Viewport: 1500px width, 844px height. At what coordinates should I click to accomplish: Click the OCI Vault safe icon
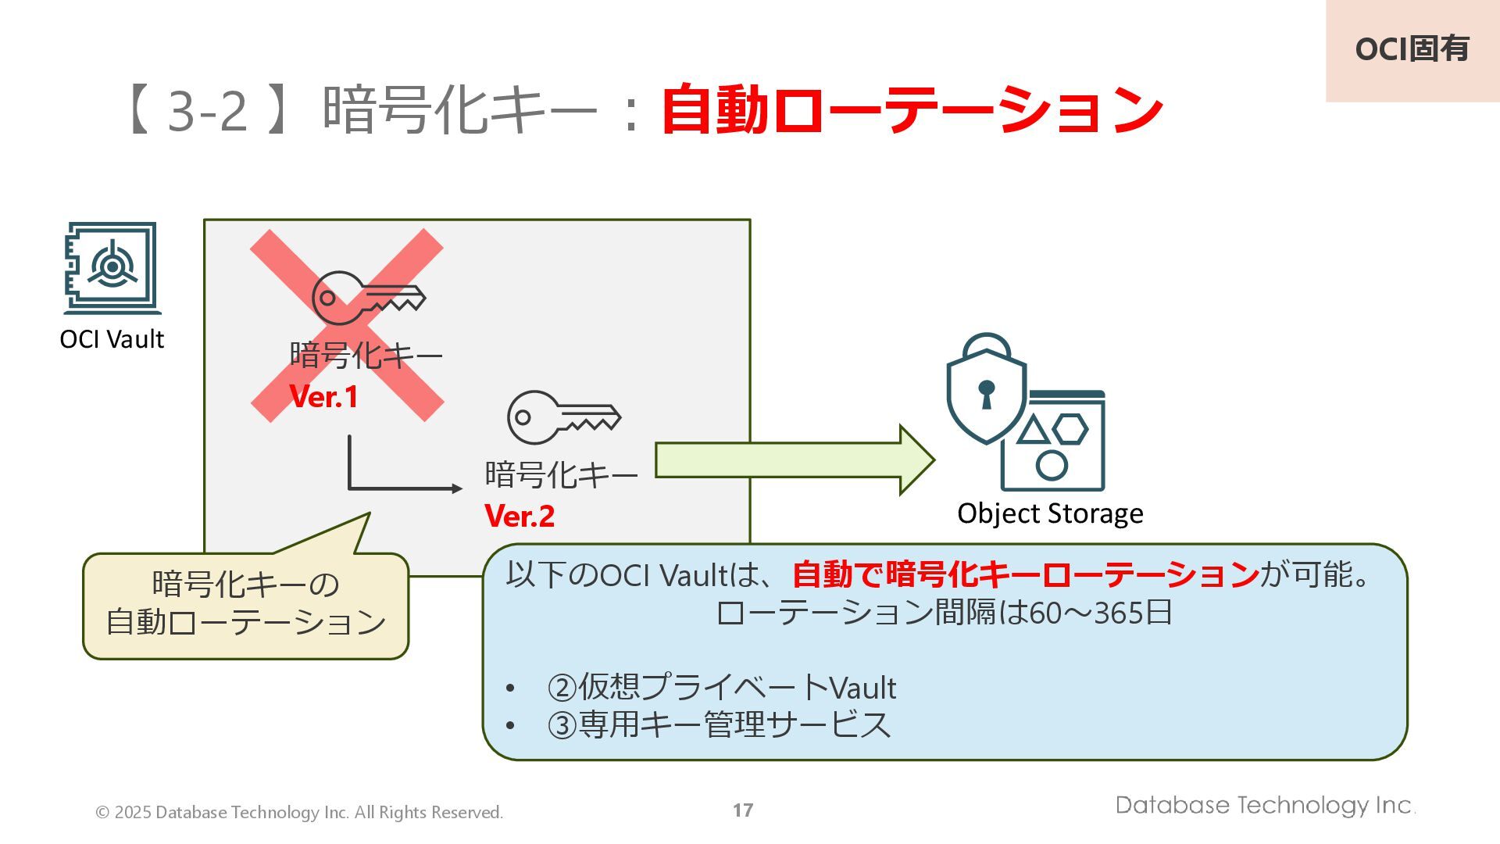[112, 268]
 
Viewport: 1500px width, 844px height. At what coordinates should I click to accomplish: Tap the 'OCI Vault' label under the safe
[112, 339]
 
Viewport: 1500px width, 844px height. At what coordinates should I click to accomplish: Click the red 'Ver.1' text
[323, 397]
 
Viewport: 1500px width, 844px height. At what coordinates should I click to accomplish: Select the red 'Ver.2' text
[520, 516]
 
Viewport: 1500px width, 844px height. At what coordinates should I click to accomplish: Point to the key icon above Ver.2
[563, 417]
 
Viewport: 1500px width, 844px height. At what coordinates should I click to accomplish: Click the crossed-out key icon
[368, 298]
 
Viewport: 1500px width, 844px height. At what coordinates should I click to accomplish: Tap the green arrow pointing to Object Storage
[794, 460]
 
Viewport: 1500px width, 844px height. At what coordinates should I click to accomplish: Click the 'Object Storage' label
[1050, 513]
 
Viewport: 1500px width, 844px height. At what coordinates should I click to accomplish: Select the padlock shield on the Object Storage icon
[986, 391]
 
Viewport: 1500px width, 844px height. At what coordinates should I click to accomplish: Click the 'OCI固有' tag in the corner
[1412, 49]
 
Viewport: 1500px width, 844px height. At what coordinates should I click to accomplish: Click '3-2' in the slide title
[208, 110]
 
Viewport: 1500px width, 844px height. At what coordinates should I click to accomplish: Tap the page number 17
[743, 810]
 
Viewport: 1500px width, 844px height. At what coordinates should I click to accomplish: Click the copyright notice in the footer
[299, 813]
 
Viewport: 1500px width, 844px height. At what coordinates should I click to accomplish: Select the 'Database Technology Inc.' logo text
[1265, 806]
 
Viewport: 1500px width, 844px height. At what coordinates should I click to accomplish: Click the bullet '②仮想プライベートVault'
[721, 688]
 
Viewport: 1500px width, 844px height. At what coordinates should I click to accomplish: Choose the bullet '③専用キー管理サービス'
[719, 724]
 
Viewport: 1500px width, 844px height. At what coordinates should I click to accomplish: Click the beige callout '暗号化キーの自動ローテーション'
[245, 604]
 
